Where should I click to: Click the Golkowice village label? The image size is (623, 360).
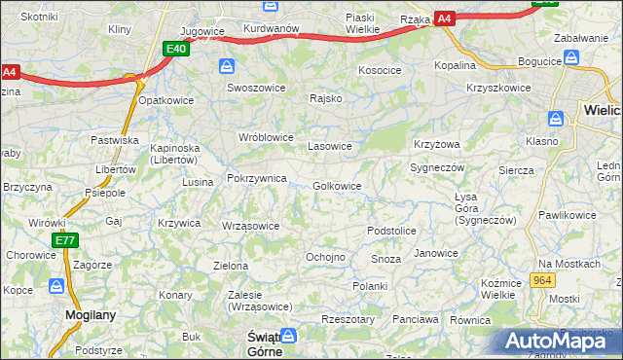pyautogui.click(x=337, y=186)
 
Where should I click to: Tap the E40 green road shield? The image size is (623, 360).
pyautogui.click(x=175, y=49)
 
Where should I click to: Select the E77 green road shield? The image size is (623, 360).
pyautogui.click(x=64, y=240)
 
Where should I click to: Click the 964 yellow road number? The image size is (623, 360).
pyautogui.click(x=543, y=280)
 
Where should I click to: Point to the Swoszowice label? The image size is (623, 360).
pyautogui.click(x=255, y=87)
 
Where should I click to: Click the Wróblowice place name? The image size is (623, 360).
pyautogui.click(x=266, y=137)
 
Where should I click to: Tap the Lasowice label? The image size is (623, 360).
pyautogui.click(x=329, y=146)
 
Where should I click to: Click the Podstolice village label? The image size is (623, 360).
pyautogui.click(x=391, y=231)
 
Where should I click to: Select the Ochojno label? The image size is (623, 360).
pyautogui.click(x=325, y=257)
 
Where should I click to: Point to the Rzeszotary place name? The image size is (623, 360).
pyautogui.click(x=348, y=319)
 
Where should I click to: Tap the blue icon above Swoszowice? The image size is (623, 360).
pyautogui.click(x=227, y=66)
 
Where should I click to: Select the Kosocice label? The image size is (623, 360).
pyautogui.click(x=380, y=71)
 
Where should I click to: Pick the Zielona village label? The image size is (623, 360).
pyautogui.click(x=232, y=265)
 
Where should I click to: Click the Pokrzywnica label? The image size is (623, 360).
pyautogui.click(x=256, y=179)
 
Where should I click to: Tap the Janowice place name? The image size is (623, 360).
pyautogui.click(x=435, y=253)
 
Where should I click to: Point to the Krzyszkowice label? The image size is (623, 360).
pyautogui.click(x=498, y=88)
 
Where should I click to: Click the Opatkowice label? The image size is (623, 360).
pyautogui.click(x=166, y=100)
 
